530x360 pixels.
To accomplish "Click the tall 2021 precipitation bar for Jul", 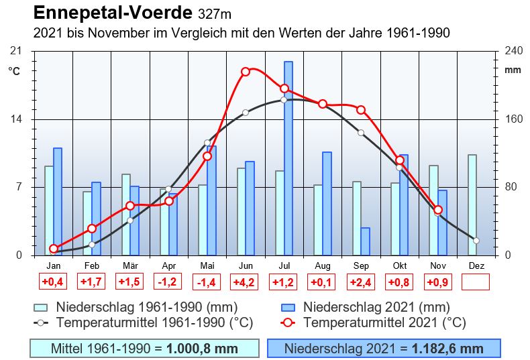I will pos(288,158).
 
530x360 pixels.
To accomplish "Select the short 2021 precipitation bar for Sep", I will pos(365,241).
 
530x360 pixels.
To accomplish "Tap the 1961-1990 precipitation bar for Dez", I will pos(472,204).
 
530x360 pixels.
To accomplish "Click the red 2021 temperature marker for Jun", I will pos(246,71).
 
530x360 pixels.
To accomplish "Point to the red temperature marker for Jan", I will pos(54,249).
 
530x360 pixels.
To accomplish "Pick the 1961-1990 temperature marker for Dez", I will pos(476,240).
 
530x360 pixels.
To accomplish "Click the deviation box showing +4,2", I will pos(245,282).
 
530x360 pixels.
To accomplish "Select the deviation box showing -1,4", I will pos(207,282).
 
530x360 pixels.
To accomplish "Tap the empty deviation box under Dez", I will pos(476,282).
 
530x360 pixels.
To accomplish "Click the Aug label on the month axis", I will pos(322,266).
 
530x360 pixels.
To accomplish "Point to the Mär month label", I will pos(130,266).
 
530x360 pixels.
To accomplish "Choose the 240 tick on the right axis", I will pos(513,52).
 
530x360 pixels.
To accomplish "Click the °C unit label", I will pos(15,70).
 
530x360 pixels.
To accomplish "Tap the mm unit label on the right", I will pos(513,70).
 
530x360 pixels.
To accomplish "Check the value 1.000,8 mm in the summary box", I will pos(202,349).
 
